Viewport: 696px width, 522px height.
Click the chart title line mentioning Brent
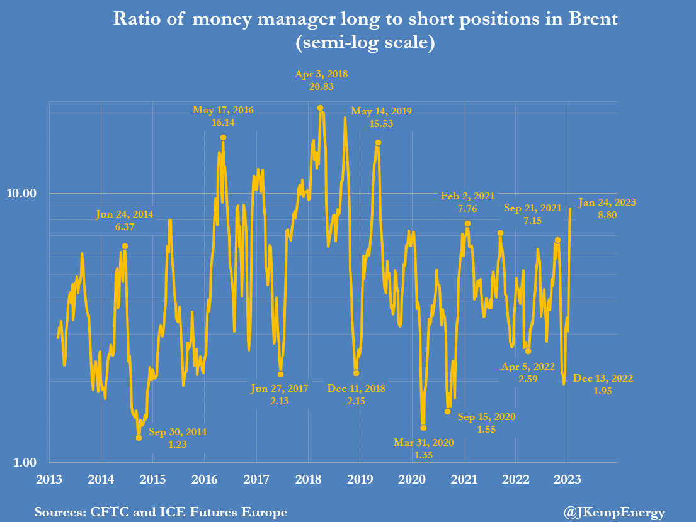365,19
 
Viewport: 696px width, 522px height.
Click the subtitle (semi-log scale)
365,44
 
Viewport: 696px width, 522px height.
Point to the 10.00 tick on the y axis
28,193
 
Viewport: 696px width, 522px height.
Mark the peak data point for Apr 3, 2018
321,108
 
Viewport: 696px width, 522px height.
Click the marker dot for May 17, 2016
223,137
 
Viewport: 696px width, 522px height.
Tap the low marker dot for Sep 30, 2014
139,438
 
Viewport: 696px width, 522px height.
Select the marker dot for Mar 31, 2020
423,428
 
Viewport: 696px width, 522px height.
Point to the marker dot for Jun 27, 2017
280,374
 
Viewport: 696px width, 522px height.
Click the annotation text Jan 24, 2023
607,203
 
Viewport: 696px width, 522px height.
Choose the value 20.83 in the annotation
321,86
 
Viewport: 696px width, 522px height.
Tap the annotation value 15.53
381,124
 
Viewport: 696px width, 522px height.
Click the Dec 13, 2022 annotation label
603,379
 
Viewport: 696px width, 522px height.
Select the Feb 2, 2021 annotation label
467,196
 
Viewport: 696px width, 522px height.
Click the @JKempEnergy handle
613,513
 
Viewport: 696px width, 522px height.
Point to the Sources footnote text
161,513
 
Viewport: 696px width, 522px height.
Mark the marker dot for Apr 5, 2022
528,351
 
